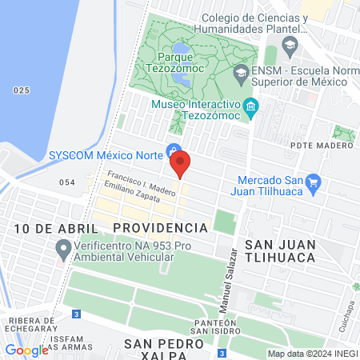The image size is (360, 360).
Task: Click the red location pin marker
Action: point(181,162)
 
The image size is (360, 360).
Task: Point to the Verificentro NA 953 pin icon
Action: point(63,251)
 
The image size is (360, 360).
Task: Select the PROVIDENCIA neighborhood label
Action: point(160,228)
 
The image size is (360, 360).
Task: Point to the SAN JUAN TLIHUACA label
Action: point(281,251)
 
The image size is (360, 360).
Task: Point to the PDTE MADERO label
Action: point(322,145)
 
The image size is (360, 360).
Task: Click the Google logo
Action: point(26,350)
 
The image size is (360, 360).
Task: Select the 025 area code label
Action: point(22,90)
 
